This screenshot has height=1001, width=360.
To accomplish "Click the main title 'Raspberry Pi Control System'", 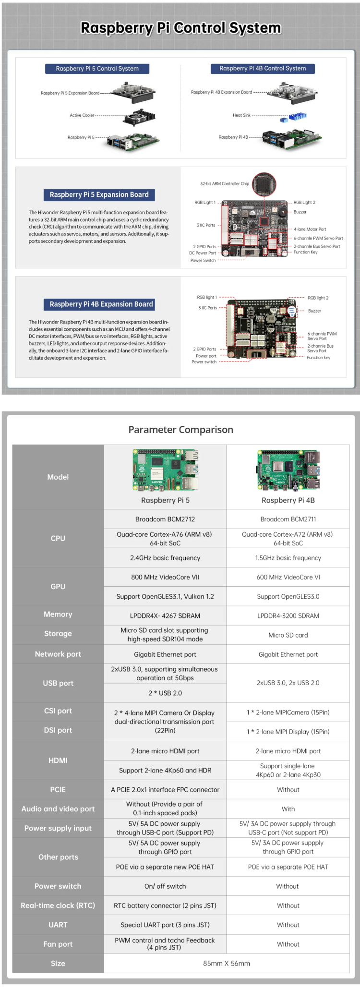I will tap(180, 28).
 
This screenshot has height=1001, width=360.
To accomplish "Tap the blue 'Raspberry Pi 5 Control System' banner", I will tap(97, 69).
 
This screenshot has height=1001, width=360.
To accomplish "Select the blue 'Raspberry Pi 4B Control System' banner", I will tap(263, 68).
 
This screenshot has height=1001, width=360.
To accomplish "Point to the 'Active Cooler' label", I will tap(82, 115).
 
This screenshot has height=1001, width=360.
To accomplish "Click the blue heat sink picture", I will tap(298, 116).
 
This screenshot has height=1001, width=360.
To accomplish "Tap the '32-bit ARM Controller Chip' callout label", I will tap(225, 183).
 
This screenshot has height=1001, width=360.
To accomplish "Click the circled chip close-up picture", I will tap(264, 184).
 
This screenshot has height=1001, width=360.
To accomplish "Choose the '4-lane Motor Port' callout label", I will tap(310, 229).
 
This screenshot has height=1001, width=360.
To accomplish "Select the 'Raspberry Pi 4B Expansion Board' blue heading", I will tap(101, 304).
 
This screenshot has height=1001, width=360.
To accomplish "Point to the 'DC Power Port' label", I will tap(202, 253).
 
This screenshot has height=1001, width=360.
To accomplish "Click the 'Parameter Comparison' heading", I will tap(180, 430).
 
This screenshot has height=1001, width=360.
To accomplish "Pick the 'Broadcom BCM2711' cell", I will tap(288, 519).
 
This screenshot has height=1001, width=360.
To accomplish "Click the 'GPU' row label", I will tap(58, 586).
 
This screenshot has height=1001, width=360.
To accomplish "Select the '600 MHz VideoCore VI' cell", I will tap(288, 577).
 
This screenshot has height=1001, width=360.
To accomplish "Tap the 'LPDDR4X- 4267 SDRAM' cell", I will tap(165, 615).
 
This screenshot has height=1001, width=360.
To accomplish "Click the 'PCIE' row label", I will tap(58, 789).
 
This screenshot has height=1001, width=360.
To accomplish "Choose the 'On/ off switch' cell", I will tap(165, 886).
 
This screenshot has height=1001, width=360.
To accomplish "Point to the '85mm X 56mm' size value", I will tap(227, 963).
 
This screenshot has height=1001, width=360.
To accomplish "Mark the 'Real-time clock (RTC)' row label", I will tap(58, 905).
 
